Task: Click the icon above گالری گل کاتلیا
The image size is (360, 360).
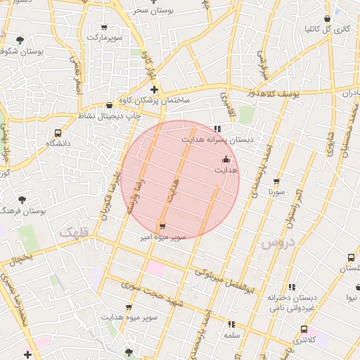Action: pyautogui.click(x=327, y=19)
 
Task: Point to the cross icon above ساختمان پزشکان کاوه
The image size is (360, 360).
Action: pyautogui.click(x=154, y=89)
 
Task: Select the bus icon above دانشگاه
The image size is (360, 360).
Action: pyautogui.click(x=58, y=132)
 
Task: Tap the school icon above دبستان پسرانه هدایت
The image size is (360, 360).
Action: pyautogui.click(x=217, y=129)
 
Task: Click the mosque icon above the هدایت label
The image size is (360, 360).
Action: pyautogui.click(x=226, y=160)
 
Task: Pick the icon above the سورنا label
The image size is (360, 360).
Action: pyautogui.click(x=276, y=181)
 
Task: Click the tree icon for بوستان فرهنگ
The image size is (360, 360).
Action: pyautogui.click(x=22, y=200)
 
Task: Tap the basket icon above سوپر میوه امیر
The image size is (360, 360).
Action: pyautogui.click(x=163, y=226)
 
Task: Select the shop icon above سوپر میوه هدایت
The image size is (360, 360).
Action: pyautogui.click(x=129, y=307)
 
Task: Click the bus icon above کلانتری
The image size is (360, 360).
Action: pyautogui.click(x=304, y=329)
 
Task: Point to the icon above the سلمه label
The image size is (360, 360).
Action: pyautogui.click(x=231, y=324)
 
